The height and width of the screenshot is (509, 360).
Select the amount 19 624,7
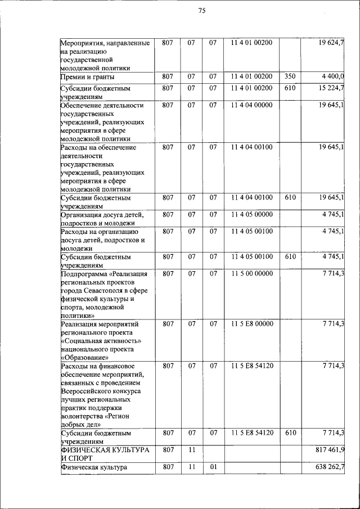point(332,43)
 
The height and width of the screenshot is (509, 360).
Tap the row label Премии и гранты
point(88,76)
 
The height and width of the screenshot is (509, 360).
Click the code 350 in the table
point(290,76)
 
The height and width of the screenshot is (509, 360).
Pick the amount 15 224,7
point(332,88)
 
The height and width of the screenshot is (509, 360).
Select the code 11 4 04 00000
point(251,105)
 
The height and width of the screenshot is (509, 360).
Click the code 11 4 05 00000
point(251,214)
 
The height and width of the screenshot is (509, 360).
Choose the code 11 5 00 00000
point(251,273)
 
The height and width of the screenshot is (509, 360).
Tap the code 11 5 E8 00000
point(251,324)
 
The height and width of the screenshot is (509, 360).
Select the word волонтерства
point(82,416)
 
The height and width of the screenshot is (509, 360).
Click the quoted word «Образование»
point(83,357)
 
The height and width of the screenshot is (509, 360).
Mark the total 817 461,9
point(331,451)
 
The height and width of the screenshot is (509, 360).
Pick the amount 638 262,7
point(331,467)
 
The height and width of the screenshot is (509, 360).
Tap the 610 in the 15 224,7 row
point(290,88)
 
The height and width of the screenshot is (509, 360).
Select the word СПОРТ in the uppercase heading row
point(80,458)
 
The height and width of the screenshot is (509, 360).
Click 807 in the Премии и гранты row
point(168,76)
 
